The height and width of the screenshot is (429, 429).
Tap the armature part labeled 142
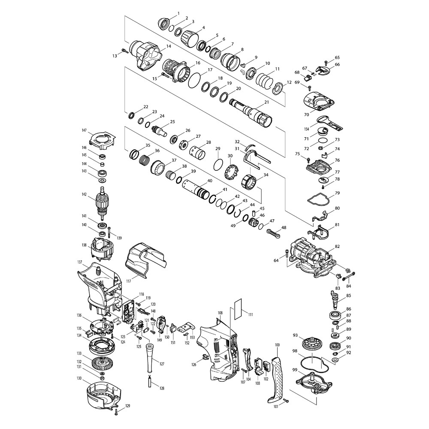tap(103, 203)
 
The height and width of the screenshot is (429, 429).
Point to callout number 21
tap(266, 102)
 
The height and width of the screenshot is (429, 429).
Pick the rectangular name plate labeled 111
tap(238, 308)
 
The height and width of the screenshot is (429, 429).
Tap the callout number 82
tap(337, 246)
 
